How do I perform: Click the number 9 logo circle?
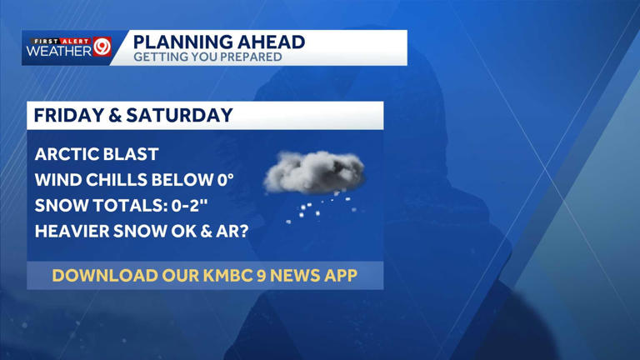(x=102, y=47)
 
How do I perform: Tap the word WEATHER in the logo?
(x=58, y=52)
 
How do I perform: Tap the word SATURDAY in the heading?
(x=179, y=115)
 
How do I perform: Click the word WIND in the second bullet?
(x=56, y=179)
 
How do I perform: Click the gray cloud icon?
(x=315, y=172)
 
